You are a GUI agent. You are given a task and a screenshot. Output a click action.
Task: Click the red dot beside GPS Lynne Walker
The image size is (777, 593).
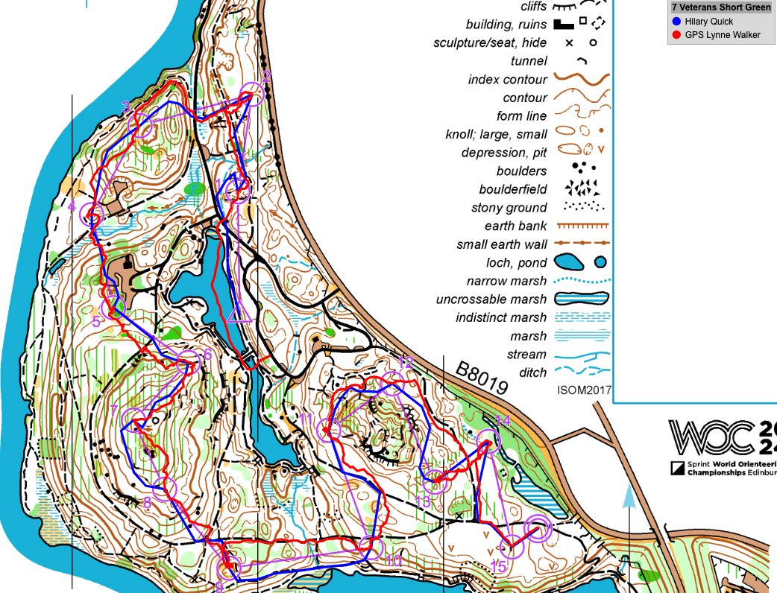pyautogui.click(x=676, y=35)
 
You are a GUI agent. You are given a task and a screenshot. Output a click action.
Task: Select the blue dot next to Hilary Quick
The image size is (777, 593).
pyautogui.click(x=676, y=22)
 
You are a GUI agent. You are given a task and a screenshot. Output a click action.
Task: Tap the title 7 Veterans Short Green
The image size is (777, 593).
pyautogui.click(x=720, y=7)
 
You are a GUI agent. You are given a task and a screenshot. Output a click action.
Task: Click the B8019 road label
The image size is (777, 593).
pyautogui.click(x=482, y=378)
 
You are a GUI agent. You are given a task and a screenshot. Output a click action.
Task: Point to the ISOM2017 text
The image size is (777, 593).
pyautogui.click(x=584, y=390)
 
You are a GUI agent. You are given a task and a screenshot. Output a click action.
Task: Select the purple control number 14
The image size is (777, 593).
pyautogui.click(x=503, y=421)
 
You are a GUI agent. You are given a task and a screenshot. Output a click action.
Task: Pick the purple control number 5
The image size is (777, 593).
pyautogui.click(x=96, y=322)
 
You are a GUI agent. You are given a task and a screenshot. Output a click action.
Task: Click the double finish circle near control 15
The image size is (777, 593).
pyautogui.click(x=538, y=529)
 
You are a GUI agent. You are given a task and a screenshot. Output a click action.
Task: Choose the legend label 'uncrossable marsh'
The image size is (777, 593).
pyautogui.click(x=491, y=299)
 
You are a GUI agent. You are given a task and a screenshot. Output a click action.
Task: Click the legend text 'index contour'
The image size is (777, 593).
pyautogui.click(x=508, y=80)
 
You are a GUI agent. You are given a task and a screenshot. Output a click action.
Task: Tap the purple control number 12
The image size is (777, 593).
pyautogui.click(x=405, y=363)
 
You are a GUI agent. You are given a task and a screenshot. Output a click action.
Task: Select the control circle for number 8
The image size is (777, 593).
pyautogui.click(x=166, y=487)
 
